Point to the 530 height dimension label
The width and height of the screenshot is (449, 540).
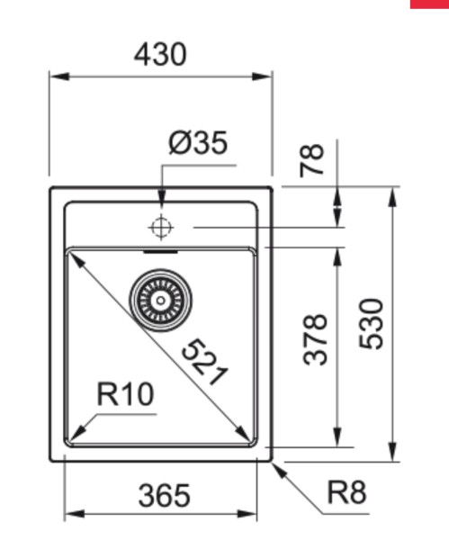371,324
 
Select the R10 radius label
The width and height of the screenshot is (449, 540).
125,393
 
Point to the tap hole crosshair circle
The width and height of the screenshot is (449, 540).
161,228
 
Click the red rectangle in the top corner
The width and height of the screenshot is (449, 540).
429,4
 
